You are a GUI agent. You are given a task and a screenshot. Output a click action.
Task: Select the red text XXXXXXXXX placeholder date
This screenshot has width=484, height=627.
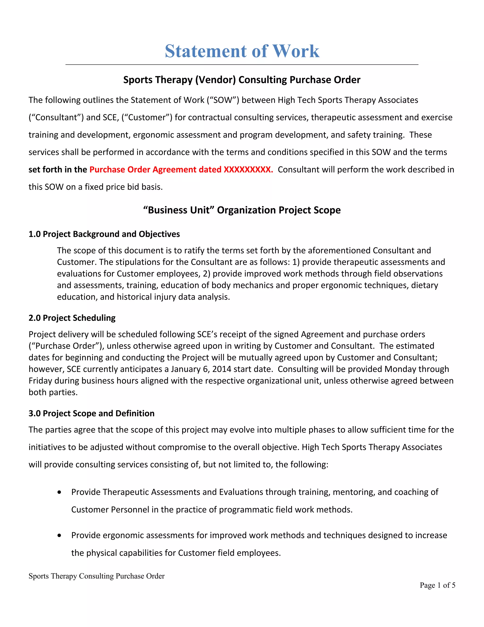pyautogui.click(x=248, y=169)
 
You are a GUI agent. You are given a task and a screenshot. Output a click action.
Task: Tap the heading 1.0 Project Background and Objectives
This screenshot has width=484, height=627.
pyautogui.click(x=104, y=234)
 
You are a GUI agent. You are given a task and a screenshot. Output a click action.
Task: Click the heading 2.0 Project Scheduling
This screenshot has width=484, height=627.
pyautogui.click(x=72, y=318)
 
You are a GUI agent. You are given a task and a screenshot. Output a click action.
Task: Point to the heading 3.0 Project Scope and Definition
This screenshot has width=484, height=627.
pyautogui.click(x=91, y=413)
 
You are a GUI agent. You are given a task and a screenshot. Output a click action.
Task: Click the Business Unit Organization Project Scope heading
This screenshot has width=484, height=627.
pyautogui.click(x=242, y=210)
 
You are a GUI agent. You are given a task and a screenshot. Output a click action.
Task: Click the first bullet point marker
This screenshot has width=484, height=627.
pyautogui.click(x=59, y=492)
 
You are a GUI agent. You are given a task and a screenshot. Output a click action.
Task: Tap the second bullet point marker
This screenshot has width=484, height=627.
pyautogui.click(x=59, y=535)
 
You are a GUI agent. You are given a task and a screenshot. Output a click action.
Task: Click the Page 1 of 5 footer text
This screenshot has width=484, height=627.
pyautogui.click(x=437, y=585)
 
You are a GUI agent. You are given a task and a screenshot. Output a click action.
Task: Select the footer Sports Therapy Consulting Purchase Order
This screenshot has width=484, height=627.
pyautogui.click(x=97, y=576)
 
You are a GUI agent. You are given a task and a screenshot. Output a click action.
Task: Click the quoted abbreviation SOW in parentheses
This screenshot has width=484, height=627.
pyautogui.click(x=223, y=100)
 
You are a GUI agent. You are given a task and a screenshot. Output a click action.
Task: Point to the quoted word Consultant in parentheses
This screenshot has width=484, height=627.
pyautogui.click(x=56, y=117)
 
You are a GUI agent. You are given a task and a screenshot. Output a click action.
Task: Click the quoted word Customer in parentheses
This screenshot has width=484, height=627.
pyautogui.click(x=147, y=117)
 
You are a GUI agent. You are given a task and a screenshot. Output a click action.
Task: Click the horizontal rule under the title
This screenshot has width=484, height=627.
pyautogui.click(x=242, y=65)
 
